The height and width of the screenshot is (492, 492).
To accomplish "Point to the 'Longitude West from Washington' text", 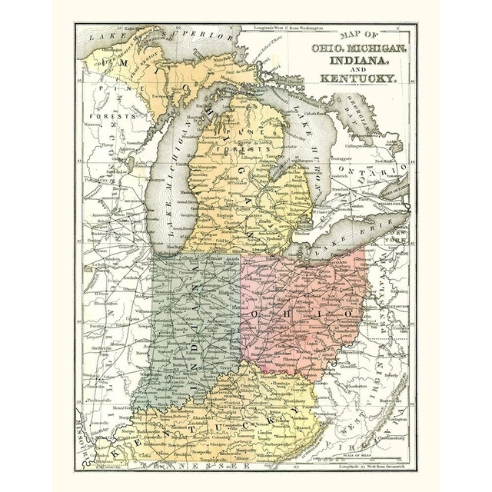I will pyautogui.click(x=292, y=28).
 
